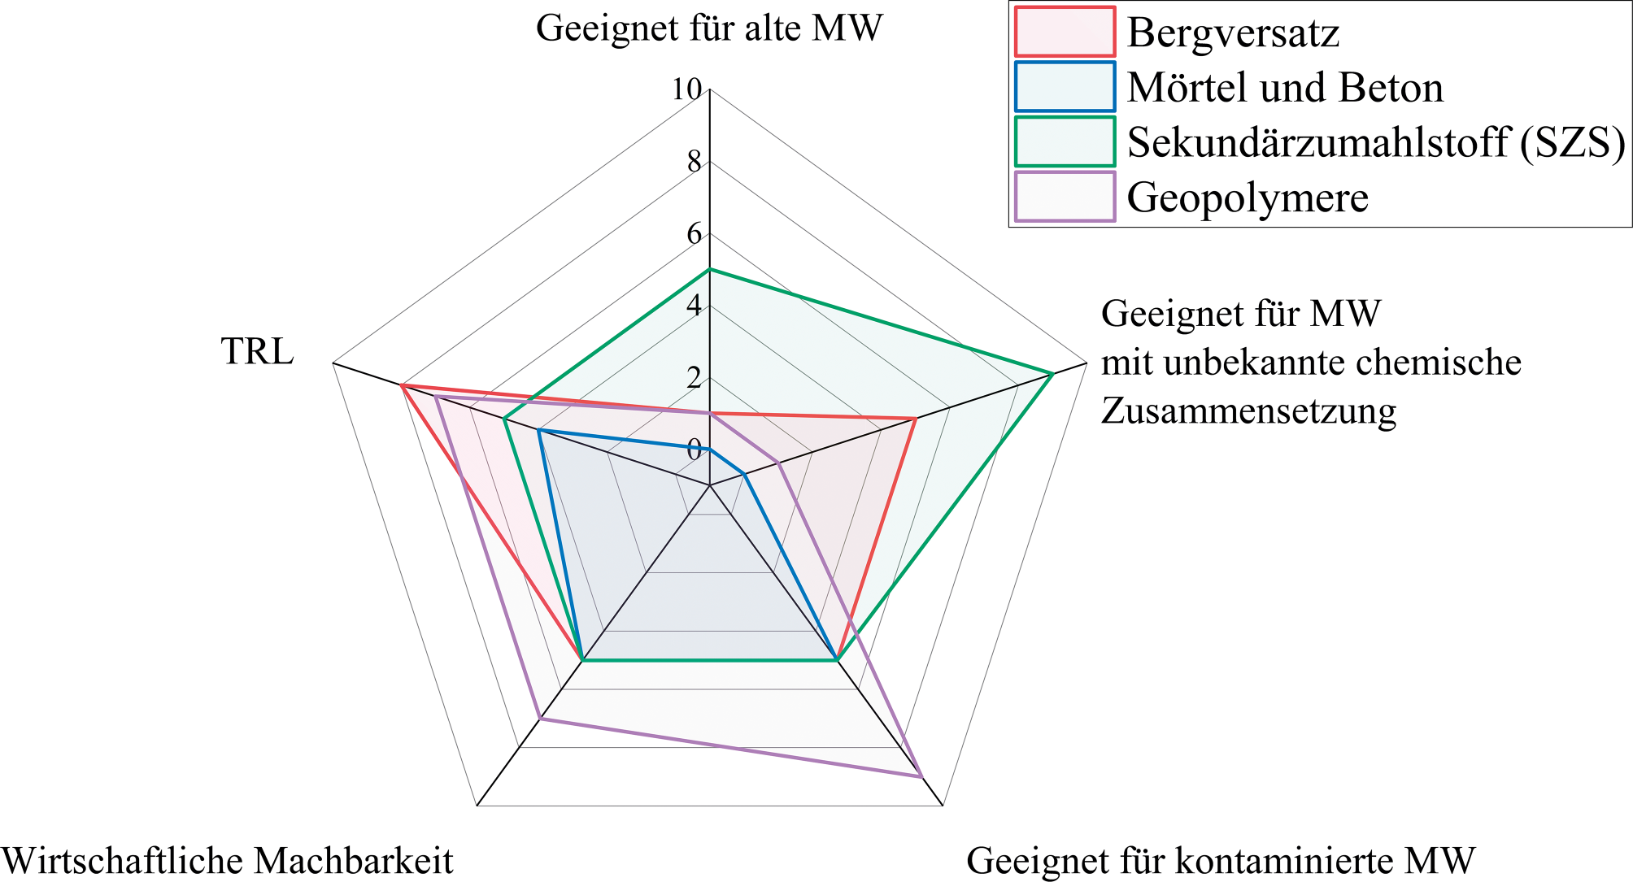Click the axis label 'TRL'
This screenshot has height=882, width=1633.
(x=257, y=352)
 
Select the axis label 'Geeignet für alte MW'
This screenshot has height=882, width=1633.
(x=709, y=28)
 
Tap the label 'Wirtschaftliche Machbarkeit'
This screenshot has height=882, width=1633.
(x=227, y=860)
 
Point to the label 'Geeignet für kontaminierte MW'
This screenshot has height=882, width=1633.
(x=1221, y=860)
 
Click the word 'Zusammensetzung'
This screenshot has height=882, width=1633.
(x=1248, y=411)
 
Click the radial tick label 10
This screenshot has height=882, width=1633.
(x=686, y=90)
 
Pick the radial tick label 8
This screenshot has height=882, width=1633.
(x=694, y=163)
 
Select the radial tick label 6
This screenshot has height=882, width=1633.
(x=694, y=234)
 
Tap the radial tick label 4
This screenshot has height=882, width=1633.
(x=694, y=306)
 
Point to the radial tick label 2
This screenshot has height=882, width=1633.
(x=694, y=378)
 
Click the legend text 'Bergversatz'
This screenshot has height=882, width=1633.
(x=1233, y=33)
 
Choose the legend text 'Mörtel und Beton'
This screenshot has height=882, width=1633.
(x=1285, y=88)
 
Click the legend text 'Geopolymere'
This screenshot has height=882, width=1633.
(x=1248, y=198)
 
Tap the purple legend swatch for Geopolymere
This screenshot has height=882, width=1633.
(x=1065, y=197)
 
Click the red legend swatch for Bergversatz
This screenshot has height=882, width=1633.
(x=1065, y=33)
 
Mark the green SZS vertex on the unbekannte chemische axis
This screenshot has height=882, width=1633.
(x=1052, y=374)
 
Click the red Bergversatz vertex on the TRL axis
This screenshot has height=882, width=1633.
(x=402, y=385)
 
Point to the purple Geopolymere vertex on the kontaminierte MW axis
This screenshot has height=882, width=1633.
(x=921, y=777)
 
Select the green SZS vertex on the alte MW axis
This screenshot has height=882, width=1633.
(x=710, y=269)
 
